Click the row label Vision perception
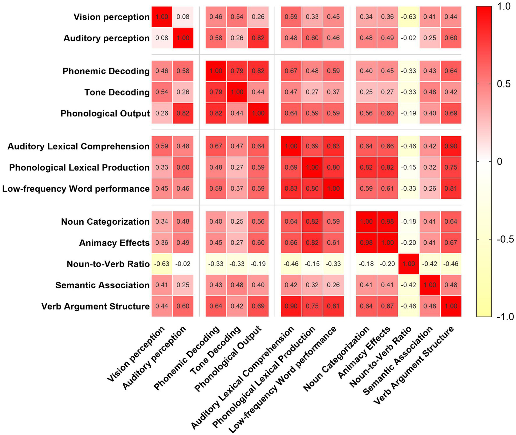(x=111, y=17)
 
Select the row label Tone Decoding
(x=117, y=92)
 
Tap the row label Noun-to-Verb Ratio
(x=108, y=264)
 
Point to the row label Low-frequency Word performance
(x=76, y=189)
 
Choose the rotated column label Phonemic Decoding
(x=187, y=359)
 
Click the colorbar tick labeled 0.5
(x=503, y=84)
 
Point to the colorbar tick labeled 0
(x=500, y=161)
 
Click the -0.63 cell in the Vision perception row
(x=409, y=17)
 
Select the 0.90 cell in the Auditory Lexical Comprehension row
(x=451, y=146)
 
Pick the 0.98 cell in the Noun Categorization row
(x=388, y=222)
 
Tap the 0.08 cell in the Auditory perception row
(x=162, y=38)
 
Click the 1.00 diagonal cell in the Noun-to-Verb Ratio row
(x=409, y=264)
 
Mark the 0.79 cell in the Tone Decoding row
(x=216, y=92)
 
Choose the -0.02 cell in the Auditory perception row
(x=409, y=38)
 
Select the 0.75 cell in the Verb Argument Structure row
(x=312, y=306)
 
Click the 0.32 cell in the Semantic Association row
(x=312, y=285)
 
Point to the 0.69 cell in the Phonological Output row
(x=451, y=113)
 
